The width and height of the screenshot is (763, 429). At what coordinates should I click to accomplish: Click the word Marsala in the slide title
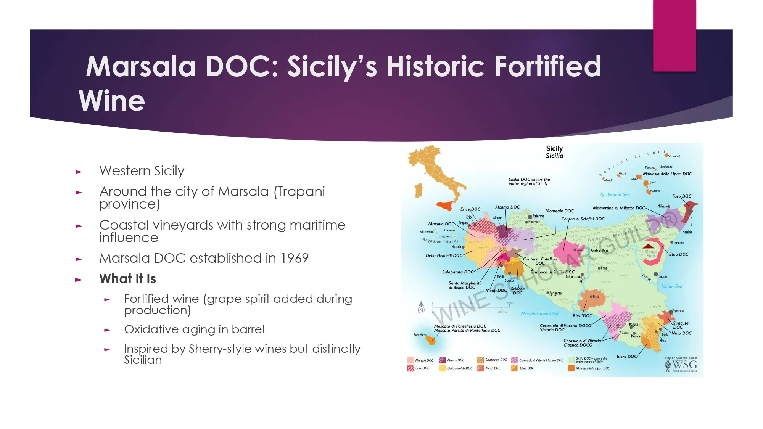[x=140, y=66]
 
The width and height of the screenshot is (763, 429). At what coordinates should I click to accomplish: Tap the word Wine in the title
[x=112, y=101]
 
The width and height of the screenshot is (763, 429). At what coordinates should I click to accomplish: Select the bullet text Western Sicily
[x=142, y=171]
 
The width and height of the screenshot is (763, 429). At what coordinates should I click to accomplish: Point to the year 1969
[x=294, y=259]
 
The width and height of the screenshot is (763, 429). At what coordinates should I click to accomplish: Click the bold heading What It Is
[x=128, y=279]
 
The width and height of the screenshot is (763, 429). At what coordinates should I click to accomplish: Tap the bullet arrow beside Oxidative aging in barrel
[x=107, y=330]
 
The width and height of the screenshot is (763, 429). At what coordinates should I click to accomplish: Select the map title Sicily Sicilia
[x=554, y=152]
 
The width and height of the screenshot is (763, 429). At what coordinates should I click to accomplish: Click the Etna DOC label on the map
[x=679, y=254]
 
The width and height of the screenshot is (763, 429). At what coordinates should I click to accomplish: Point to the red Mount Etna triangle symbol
[x=649, y=246]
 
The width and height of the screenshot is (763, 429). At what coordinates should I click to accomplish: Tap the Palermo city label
[x=538, y=216]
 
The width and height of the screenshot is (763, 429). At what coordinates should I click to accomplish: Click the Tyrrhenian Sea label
[x=615, y=194]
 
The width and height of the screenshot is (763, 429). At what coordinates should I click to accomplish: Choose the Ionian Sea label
[x=672, y=286]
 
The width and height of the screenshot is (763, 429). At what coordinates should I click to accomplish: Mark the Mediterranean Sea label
[x=540, y=313]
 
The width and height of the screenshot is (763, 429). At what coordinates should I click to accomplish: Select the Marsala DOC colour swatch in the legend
[x=410, y=360]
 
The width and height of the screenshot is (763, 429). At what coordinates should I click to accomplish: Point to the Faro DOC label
[x=681, y=196]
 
